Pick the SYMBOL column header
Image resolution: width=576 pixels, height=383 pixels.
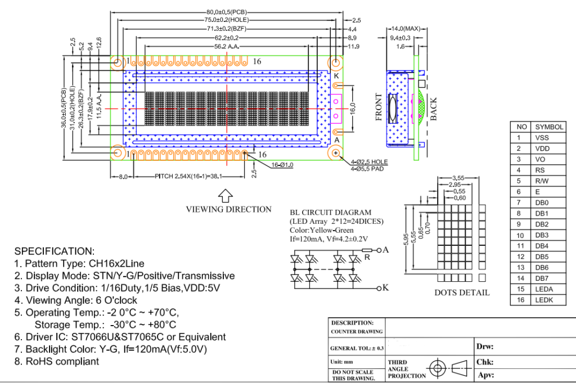tap(549, 127)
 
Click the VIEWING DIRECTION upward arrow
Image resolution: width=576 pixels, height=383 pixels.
tap(225, 195)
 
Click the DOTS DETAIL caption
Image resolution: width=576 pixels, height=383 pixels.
tap(462, 292)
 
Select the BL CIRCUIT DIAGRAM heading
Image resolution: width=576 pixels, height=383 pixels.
tap(331, 213)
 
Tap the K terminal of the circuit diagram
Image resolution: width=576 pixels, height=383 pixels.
tap(385, 288)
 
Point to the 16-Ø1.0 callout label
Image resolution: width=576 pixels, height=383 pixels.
tap(284, 165)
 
